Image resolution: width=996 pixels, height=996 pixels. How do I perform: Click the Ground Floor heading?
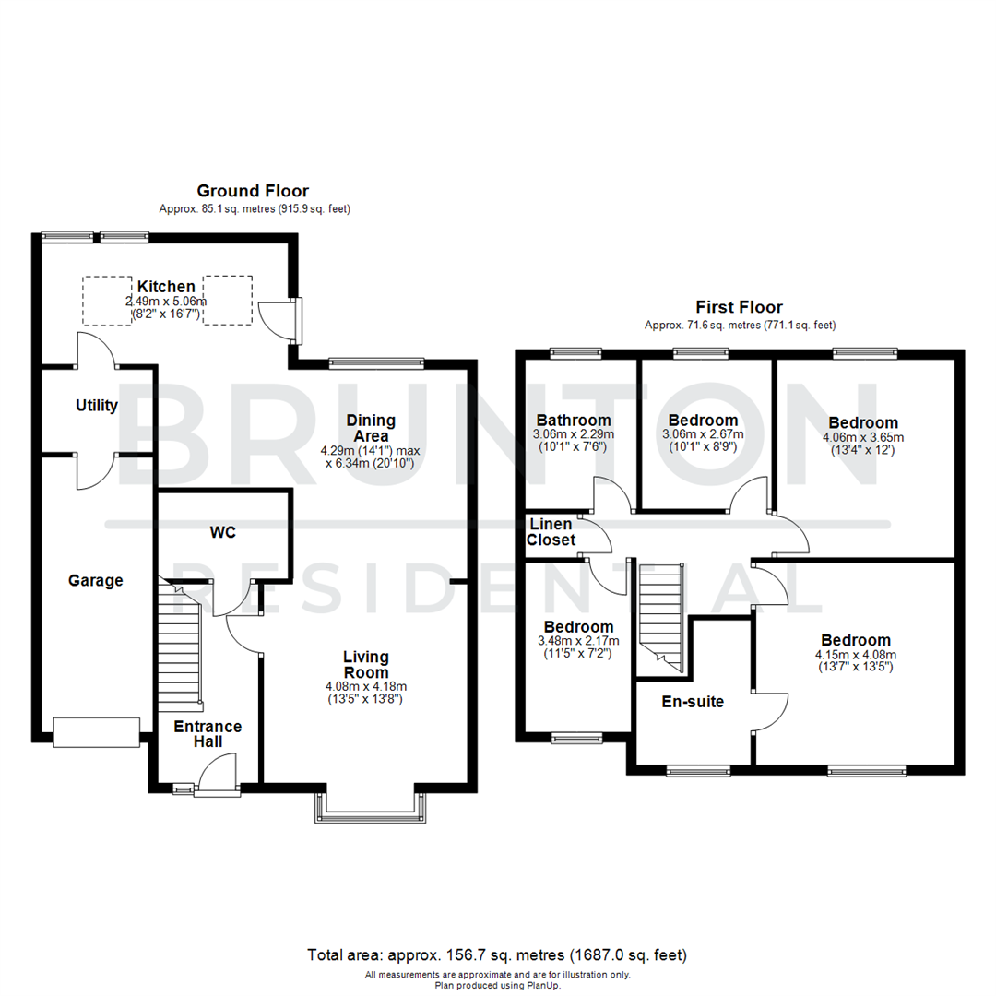click(x=252, y=191)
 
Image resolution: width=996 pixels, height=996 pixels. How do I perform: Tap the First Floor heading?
click(x=740, y=307)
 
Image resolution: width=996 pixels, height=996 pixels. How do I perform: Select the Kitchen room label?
click(x=166, y=287)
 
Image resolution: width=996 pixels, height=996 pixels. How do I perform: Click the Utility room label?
click(x=96, y=406)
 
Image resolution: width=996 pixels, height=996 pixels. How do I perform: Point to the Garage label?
click(x=95, y=580)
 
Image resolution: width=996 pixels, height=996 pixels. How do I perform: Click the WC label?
click(x=222, y=533)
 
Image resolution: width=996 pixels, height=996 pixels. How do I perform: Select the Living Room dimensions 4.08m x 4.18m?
click(x=366, y=686)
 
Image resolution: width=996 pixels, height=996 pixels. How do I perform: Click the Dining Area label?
click(x=371, y=428)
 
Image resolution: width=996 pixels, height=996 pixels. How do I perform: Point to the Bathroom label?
click(x=574, y=421)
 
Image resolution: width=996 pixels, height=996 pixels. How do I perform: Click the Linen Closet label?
click(x=551, y=532)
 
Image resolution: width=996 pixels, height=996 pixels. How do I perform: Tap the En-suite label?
click(x=693, y=702)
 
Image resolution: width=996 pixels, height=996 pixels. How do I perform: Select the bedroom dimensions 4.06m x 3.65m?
click(x=863, y=437)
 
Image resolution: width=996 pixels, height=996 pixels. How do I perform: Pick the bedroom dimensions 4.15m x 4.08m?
click(x=856, y=655)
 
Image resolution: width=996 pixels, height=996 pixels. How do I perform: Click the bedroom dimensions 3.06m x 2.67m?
click(x=703, y=434)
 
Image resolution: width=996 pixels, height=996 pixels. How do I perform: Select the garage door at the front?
click(x=96, y=732)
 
